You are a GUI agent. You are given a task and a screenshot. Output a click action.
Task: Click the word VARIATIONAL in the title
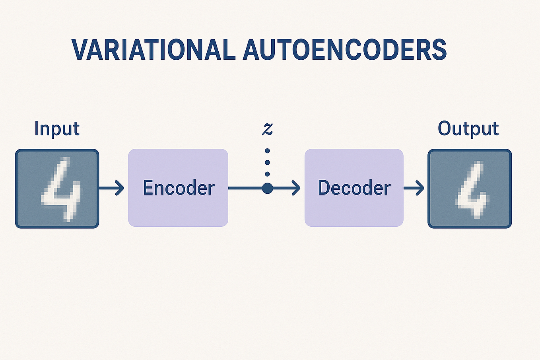[x=152, y=50]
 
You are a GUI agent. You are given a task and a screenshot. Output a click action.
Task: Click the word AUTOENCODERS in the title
[x=344, y=50]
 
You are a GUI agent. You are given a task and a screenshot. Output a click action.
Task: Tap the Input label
[x=57, y=128]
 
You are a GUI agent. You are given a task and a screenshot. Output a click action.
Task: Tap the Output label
[x=468, y=128]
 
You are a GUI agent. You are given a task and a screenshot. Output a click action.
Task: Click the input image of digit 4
[x=57, y=188]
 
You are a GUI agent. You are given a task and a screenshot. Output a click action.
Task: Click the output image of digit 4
[x=470, y=188]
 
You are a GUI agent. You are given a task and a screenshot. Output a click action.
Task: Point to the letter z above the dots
[x=268, y=128]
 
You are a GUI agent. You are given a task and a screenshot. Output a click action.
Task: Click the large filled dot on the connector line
[x=267, y=188]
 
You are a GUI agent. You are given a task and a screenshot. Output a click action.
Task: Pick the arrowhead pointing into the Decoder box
[x=296, y=188]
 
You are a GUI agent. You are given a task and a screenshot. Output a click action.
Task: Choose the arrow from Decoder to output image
[x=414, y=188]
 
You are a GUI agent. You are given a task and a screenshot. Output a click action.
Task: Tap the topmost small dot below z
[x=267, y=151]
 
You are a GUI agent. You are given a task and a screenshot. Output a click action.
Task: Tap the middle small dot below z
[x=267, y=163]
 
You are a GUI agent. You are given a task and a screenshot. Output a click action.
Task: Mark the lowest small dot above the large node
[x=267, y=174]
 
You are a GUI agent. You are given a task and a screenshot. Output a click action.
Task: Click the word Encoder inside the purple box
[x=179, y=188]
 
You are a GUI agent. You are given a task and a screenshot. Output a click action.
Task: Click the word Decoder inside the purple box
[x=354, y=188]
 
